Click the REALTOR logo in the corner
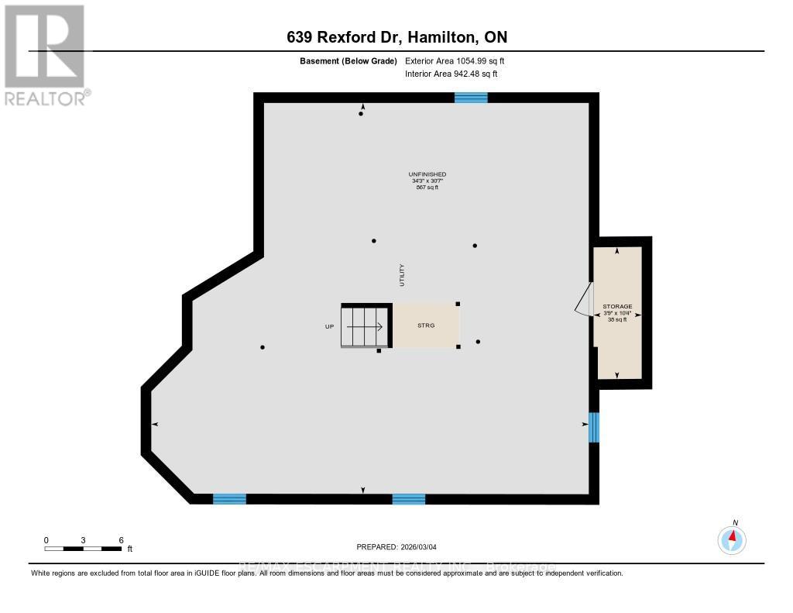(45, 53)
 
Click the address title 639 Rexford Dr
(396, 37)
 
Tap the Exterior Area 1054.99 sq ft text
(455, 60)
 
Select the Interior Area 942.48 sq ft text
(451, 74)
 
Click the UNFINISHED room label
(427, 174)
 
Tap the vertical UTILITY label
(402, 275)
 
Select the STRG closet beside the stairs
(425, 325)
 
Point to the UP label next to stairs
(329, 326)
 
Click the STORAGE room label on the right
(617, 307)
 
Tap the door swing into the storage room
(583, 300)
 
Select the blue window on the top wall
(471, 98)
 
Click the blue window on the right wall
(593, 427)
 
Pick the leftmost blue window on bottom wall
(229, 499)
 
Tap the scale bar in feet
(83, 549)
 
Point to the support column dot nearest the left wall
(263, 347)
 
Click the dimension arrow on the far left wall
(155, 425)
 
